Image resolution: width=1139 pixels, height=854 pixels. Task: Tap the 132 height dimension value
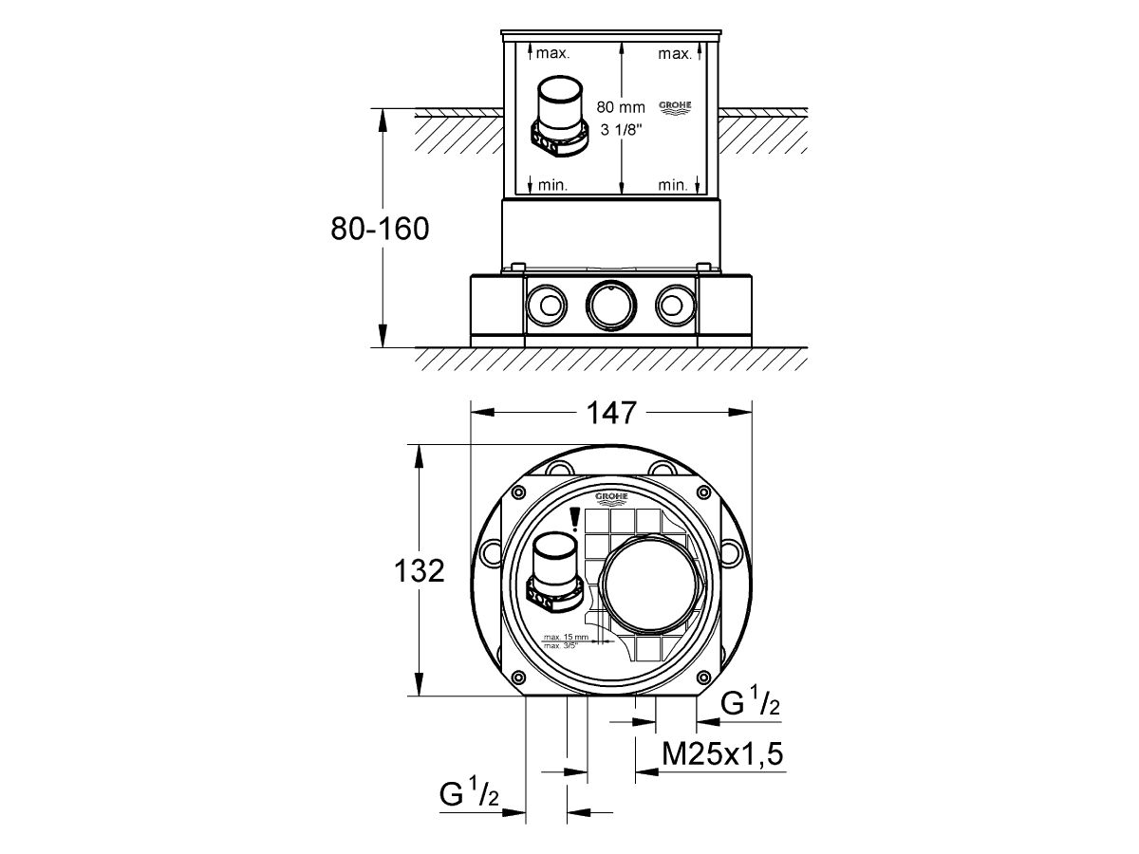pyautogui.click(x=419, y=570)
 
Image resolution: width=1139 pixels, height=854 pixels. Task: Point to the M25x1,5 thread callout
pyautogui.click(x=750, y=754)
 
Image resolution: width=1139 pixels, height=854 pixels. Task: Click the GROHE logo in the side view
pyautogui.click(x=675, y=108)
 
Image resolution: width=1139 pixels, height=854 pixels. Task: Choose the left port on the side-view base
pyautogui.click(x=546, y=304)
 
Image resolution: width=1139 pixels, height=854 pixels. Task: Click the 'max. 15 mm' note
pyautogui.click(x=566, y=636)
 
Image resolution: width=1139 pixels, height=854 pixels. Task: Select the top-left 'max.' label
pyautogui.click(x=552, y=54)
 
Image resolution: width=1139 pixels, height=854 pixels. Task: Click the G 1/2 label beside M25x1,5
pyautogui.click(x=750, y=704)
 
